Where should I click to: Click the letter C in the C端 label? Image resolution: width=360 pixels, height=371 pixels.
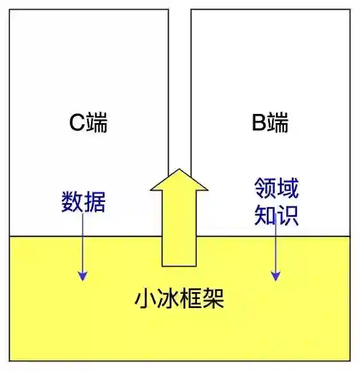coord(78,123)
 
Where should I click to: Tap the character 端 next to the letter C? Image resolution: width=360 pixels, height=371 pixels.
coord(97,123)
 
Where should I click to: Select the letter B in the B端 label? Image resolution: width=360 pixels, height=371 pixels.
coord(259,123)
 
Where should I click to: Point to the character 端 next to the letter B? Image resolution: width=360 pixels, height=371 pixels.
coord(278,123)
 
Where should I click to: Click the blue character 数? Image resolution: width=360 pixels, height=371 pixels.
coord(72,202)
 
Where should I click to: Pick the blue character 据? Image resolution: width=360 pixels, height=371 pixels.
coord(95,202)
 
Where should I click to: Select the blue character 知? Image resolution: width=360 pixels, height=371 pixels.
coord(265,214)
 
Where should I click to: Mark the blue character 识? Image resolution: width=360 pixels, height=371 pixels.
coord(287,214)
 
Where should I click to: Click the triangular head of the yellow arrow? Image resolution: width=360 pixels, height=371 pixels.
coord(179,181)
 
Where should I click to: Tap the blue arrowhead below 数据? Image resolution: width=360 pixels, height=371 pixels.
coord(83,275)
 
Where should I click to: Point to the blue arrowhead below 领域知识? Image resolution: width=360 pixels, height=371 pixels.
coord(275,275)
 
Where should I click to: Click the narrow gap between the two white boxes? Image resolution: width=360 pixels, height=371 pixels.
coord(179,85)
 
